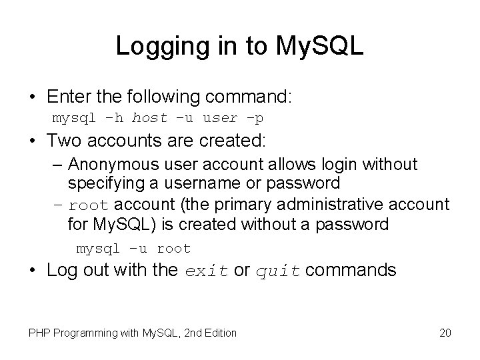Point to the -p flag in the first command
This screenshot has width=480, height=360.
pyautogui.click(x=255, y=119)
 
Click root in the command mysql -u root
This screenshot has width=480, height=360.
pyautogui.click(x=173, y=249)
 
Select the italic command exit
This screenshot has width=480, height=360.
pyautogui.click(x=205, y=271)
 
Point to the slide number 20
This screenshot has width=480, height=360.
pyautogui.click(x=445, y=333)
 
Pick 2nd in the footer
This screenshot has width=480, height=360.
pyautogui.click(x=183, y=333)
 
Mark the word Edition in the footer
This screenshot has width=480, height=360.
pyautogui.click(x=217, y=333)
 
